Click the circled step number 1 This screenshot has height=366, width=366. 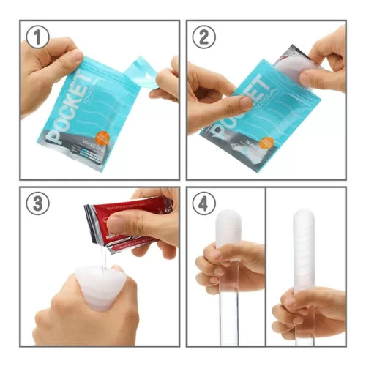pyautogui.click(x=38, y=37)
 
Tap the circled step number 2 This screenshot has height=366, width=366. pyautogui.click(x=204, y=37)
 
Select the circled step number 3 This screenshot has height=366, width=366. pyautogui.click(x=38, y=203)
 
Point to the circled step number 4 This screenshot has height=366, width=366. pyautogui.click(x=204, y=203)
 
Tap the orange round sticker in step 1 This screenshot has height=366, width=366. pyautogui.click(x=105, y=135)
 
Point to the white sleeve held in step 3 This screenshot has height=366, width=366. pyautogui.click(x=102, y=285)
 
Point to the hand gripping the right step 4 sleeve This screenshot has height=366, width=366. pyautogui.click(x=307, y=311)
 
